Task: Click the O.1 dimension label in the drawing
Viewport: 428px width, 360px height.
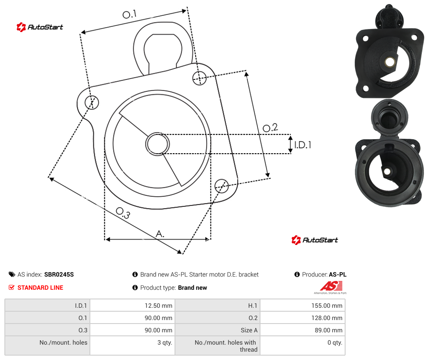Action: pos(129,14)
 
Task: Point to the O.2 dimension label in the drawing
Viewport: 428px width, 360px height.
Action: pos(270,128)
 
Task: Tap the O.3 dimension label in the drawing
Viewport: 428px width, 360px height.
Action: pos(123,213)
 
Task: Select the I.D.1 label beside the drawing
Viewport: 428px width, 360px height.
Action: pos(303,145)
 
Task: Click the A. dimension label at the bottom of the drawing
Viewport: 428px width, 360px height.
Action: pos(160,234)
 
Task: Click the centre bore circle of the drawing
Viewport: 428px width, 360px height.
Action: pos(157,144)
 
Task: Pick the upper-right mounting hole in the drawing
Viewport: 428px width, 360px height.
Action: pos(200,78)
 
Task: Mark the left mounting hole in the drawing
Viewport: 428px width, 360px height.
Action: pos(92,102)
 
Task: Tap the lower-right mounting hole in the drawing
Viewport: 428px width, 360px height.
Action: pos(221,186)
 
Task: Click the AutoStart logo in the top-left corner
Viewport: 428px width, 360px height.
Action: pos(40,27)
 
